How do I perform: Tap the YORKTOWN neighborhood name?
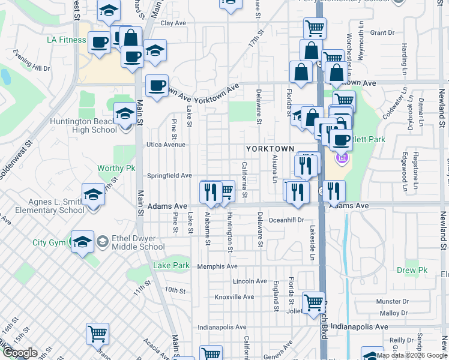click(x=270, y=149)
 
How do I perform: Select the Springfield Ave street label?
click(x=170, y=176)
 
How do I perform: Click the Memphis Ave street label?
click(x=218, y=266)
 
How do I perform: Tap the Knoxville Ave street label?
click(x=234, y=297)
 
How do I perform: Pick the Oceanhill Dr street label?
click(x=287, y=220)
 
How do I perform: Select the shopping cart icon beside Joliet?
click(x=314, y=303)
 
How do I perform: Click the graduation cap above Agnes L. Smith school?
click(x=93, y=194)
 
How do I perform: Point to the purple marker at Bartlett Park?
click(x=343, y=158)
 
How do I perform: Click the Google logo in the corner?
click(x=19, y=353)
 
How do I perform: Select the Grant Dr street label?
click(x=382, y=32)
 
